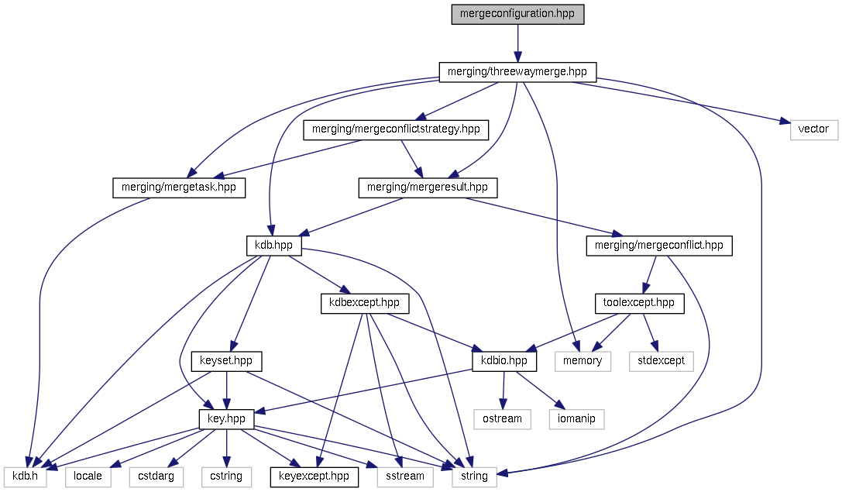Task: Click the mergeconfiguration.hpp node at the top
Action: tap(517, 14)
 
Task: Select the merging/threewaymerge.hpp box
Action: tap(517, 72)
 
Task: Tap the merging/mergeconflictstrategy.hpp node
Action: tap(396, 129)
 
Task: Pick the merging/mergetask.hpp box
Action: tap(179, 188)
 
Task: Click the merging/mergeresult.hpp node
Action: tap(428, 188)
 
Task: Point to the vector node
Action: tap(814, 129)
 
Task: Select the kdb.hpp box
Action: tap(273, 246)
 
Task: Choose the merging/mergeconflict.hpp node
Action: tap(658, 246)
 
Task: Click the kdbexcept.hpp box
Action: tap(365, 303)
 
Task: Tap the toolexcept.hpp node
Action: tap(639, 303)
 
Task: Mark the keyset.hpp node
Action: tap(226, 361)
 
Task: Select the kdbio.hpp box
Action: tap(504, 361)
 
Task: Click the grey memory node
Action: tap(583, 361)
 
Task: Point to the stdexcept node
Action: tap(661, 361)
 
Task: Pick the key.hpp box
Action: tap(226, 419)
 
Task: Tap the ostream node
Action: tap(503, 419)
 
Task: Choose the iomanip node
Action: tap(576, 419)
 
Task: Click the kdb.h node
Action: tap(26, 476)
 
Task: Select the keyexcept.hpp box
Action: tap(314, 476)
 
